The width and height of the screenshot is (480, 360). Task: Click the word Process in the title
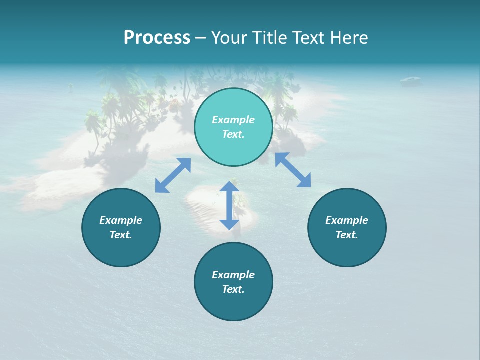click(x=157, y=38)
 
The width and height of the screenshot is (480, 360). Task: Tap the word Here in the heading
click(x=348, y=38)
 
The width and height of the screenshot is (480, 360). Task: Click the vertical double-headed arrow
click(x=229, y=205)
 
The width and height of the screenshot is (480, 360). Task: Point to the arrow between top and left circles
click(x=173, y=175)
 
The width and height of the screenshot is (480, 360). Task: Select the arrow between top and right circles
click(x=293, y=170)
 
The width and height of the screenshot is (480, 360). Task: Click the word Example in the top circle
click(x=233, y=120)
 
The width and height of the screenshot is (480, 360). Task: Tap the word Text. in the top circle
click(x=233, y=134)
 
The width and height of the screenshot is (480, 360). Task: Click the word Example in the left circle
click(x=121, y=220)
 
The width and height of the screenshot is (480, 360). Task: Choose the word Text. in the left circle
click(x=121, y=235)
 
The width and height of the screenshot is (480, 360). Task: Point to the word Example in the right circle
click(x=347, y=220)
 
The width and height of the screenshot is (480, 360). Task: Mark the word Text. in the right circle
click(x=347, y=235)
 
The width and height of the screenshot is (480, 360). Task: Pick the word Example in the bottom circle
click(x=233, y=275)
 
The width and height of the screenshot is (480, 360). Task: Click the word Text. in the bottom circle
click(x=233, y=289)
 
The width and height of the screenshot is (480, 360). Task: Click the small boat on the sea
click(x=410, y=79)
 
